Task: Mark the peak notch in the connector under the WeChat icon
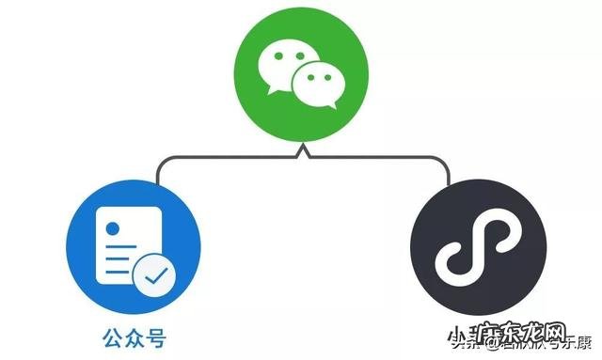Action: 301,149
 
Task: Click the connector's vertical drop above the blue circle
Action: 155,171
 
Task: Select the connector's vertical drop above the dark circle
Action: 448,171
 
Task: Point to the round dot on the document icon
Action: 112,227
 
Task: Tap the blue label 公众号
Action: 135,335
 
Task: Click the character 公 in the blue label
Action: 114,335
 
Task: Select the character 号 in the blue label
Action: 156,335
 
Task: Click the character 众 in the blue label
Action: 135,335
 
